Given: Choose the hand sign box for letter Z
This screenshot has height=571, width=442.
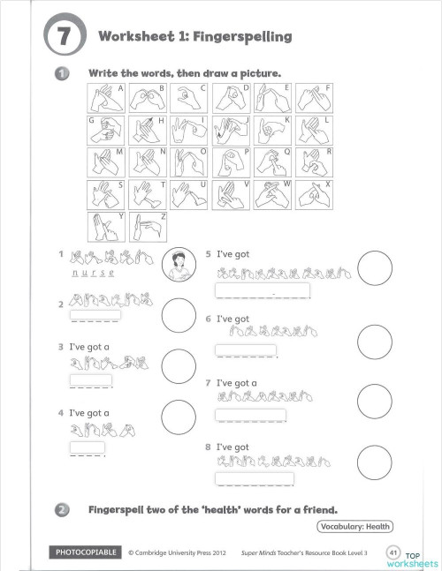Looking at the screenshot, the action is tap(147, 226).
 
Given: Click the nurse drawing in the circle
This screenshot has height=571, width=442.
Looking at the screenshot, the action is tap(179, 263).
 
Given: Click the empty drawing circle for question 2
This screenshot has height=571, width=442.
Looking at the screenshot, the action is tap(179, 312).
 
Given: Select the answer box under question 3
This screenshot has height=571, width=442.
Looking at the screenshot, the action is tap(91, 380).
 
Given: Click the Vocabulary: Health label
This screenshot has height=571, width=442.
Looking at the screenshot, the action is tap(354, 527).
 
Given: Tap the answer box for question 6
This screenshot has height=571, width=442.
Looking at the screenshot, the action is tap(246, 350).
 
